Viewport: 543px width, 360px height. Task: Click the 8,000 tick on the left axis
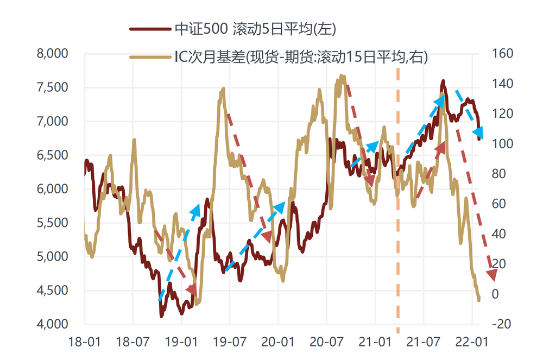pyautogui.click(x=52, y=54)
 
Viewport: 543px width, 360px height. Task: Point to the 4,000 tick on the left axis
pyautogui.click(x=52, y=324)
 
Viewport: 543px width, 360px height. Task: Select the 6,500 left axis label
pyautogui.click(x=52, y=155)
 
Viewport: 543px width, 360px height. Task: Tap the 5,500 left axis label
pyautogui.click(x=52, y=223)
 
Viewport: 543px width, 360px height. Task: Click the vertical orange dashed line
pyautogui.click(x=398, y=217)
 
